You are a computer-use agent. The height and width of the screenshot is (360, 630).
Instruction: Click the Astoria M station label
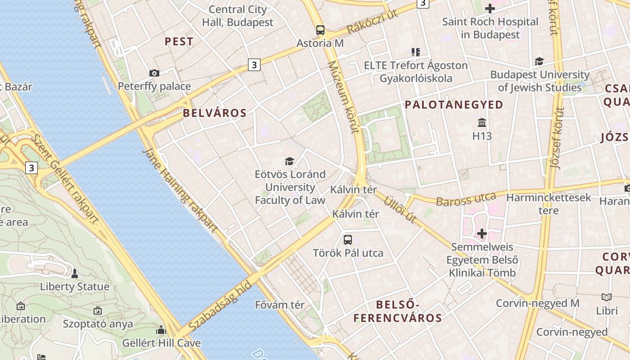tap(320, 43)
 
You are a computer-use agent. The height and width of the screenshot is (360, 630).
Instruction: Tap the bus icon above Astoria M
tap(320, 30)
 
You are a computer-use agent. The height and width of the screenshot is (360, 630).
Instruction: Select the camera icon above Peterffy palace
tap(154, 73)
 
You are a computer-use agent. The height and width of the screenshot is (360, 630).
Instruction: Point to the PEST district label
tap(179, 42)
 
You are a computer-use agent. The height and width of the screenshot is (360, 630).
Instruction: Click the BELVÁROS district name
tap(215, 113)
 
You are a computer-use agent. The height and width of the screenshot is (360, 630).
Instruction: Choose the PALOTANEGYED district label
tap(454, 105)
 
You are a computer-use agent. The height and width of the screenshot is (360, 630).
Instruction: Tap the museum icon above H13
tap(482, 122)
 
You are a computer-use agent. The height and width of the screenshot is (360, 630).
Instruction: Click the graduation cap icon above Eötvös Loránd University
tap(289, 161)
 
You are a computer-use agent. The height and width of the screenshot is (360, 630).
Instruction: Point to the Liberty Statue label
tap(75, 287)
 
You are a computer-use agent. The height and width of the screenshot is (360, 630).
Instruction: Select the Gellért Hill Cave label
tap(162, 343)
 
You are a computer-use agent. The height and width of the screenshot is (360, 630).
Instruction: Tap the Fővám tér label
tap(280, 305)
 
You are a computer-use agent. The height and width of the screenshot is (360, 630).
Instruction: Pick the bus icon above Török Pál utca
tap(348, 239)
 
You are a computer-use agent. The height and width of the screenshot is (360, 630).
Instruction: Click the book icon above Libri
tap(607, 297)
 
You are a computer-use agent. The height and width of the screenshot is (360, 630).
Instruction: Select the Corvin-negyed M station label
tap(537, 303)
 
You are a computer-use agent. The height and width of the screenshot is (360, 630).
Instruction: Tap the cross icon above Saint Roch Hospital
tap(490, 9)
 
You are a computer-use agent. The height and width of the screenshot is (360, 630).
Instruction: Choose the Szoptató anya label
tap(98, 324)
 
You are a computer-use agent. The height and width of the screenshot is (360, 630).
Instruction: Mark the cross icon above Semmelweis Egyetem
tap(482, 234)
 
